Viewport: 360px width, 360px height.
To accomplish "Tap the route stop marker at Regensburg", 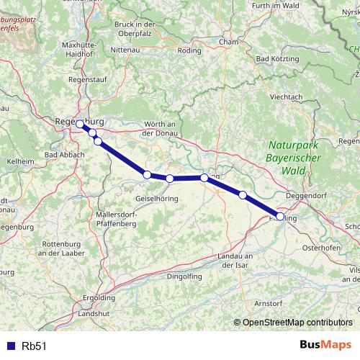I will click(x=80, y=124).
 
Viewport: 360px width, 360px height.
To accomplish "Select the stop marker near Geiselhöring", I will click(x=147, y=174).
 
